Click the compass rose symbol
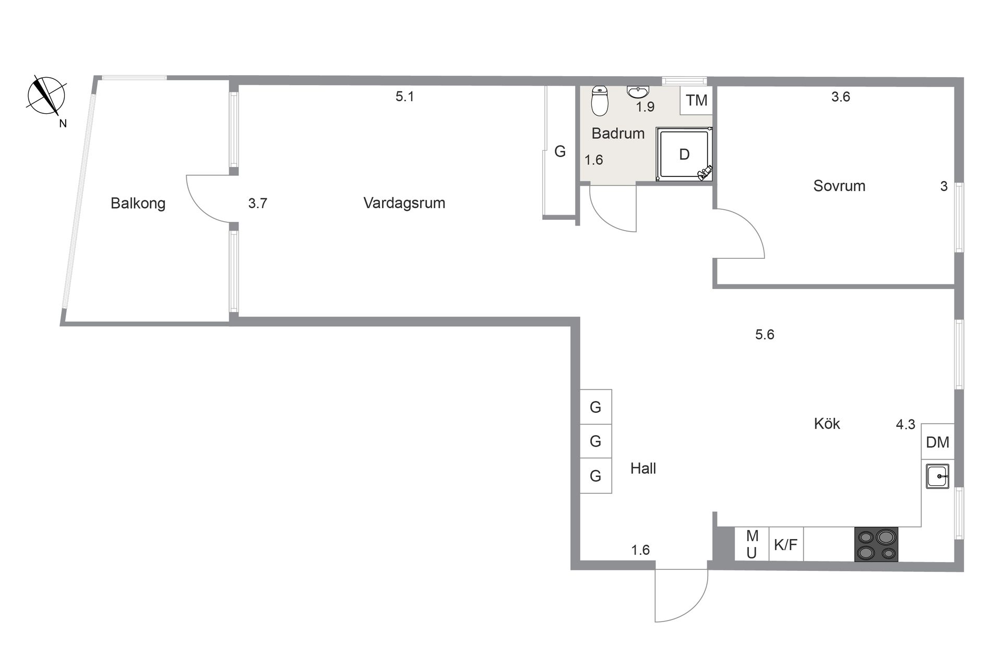pyautogui.click(x=46, y=96)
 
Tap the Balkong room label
pyautogui.click(x=138, y=203)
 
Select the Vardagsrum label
pyautogui.click(x=404, y=202)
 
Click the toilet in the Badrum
pyautogui.click(x=600, y=101)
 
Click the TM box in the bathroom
pyautogui.click(x=696, y=100)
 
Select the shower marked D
pyautogui.click(x=684, y=154)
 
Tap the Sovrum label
pyautogui.click(x=839, y=186)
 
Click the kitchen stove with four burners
pyautogui.click(x=876, y=544)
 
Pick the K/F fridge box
pyautogui.click(x=785, y=544)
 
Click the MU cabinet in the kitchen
pyautogui.click(x=751, y=544)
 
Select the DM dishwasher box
pyautogui.click(x=937, y=442)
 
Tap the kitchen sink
pyautogui.click(x=937, y=476)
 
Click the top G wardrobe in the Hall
pyautogui.click(x=595, y=407)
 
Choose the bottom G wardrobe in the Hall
pyautogui.click(x=595, y=475)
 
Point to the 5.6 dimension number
pyautogui.click(x=765, y=335)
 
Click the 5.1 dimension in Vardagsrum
pyautogui.click(x=404, y=97)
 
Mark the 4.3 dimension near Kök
pyautogui.click(x=905, y=424)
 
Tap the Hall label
pyautogui.click(x=643, y=468)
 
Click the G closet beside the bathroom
pyautogui.click(x=559, y=151)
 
